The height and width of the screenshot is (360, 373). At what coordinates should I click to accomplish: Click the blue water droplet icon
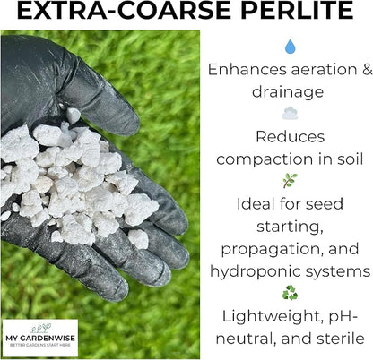click(290, 47)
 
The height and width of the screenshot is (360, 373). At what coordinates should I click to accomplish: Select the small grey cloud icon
click(290, 114)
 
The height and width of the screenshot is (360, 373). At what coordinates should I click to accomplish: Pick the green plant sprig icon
click(290, 180)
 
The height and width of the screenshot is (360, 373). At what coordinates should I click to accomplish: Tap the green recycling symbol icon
click(290, 292)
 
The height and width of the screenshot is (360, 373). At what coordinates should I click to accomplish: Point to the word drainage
click(290, 92)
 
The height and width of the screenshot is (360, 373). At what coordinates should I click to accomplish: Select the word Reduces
click(290, 136)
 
